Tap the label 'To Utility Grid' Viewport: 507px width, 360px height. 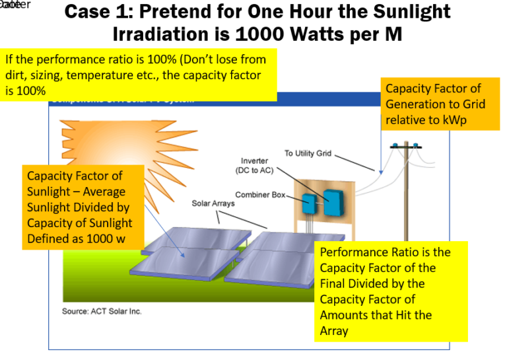pos(308,153)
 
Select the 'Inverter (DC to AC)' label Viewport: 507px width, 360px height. pos(254,165)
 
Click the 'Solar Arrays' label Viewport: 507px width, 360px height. pos(213,203)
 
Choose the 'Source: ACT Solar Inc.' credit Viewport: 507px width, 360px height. pos(102,311)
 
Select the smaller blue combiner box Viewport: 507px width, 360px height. pos(309,203)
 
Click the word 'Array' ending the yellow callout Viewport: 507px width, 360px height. pos(335,331)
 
